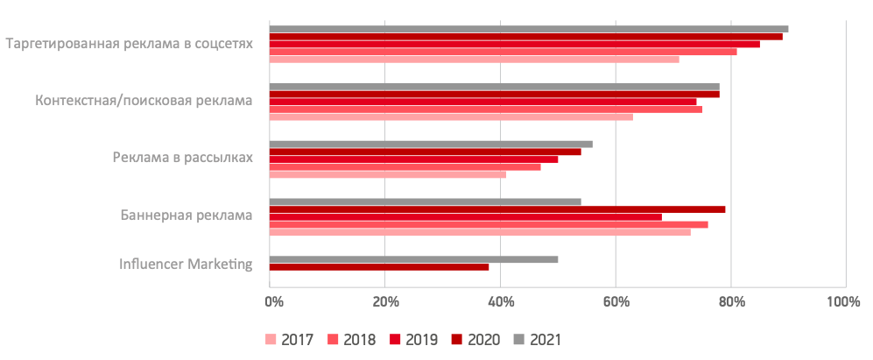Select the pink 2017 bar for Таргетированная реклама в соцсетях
[x=474, y=60]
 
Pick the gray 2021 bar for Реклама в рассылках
[x=430, y=144]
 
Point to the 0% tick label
[x=273, y=302]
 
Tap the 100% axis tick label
[x=843, y=302]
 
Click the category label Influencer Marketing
[x=186, y=264]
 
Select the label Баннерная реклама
[x=186, y=215]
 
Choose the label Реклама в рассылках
[x=182, y=158]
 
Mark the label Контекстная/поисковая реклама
[x=144, y=101]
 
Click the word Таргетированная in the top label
[x=60, y=43]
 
